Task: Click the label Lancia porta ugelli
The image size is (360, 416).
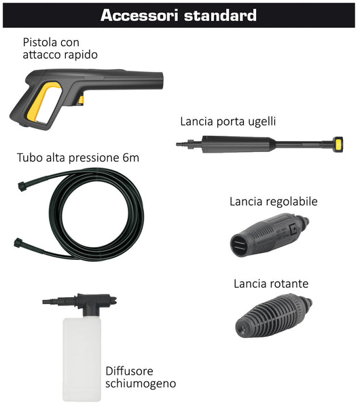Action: point(228,122)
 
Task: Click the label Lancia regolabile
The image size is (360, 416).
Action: point(273,202)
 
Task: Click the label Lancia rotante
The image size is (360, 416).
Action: point(270,283)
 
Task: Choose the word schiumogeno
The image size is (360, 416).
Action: point(141,384)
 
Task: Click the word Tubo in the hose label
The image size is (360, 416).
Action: point(30,158)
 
